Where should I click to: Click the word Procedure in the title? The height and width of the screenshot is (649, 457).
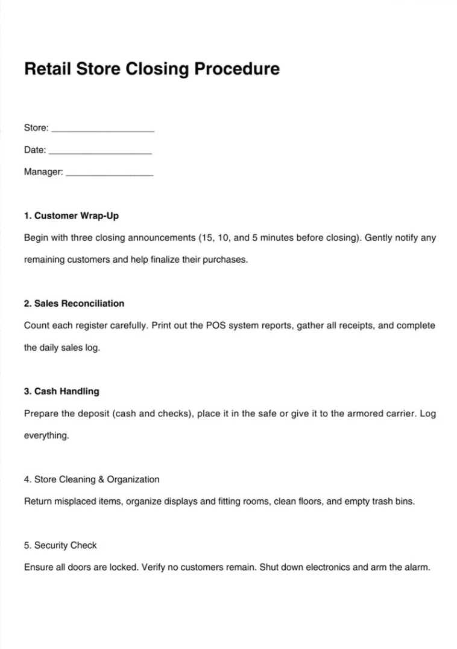click(236, 69)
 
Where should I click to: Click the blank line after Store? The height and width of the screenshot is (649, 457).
click(103, 129)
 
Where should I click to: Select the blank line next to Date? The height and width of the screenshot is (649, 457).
click(99, 152)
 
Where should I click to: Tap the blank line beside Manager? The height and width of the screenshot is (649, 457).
click(109, 174)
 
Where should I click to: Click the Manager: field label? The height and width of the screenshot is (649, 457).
click(43, 172)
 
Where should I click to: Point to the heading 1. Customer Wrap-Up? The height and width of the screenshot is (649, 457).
click(71, 216)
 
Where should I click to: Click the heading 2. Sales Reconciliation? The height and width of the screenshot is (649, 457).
click(74, 303)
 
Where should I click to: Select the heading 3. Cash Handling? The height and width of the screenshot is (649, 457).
click(61, 391)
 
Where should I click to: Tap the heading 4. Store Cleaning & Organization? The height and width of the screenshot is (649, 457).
click(92, 479)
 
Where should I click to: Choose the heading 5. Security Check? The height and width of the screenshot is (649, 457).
click(60, 545)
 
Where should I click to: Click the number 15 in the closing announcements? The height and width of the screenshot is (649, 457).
click(207, 238)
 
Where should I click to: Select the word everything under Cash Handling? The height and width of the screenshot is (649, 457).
click(46, 436)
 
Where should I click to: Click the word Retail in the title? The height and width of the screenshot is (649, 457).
click(46, 69)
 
